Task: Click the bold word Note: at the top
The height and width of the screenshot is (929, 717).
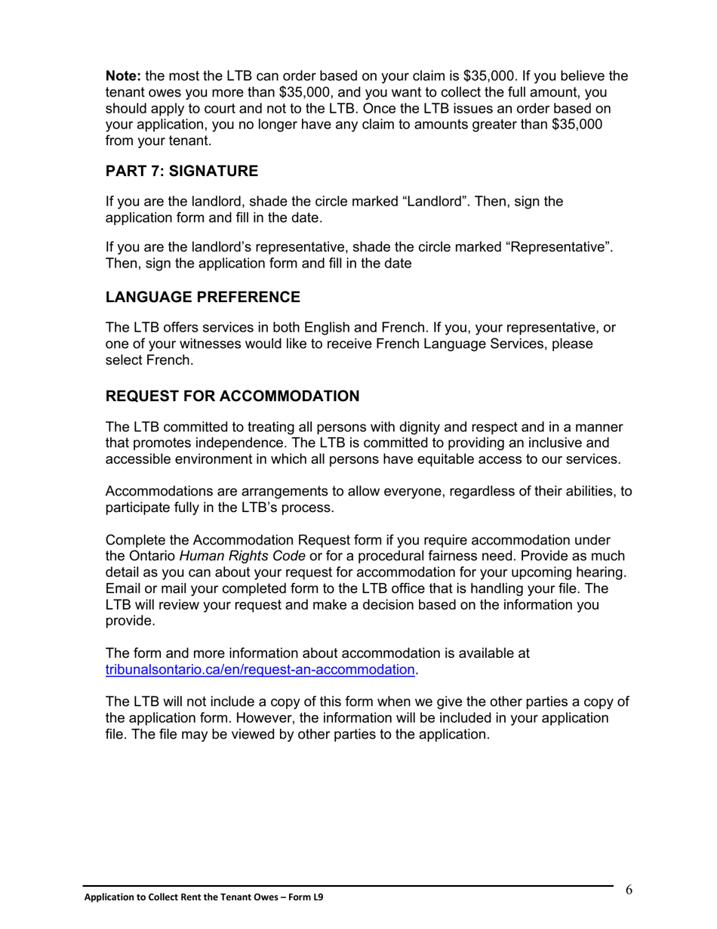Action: (124, 76)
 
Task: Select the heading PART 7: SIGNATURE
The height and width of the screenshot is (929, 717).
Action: (182, 171)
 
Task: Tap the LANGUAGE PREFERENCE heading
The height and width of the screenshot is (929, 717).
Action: (203, 297)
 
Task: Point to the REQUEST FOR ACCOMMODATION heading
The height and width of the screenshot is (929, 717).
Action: (232, 396)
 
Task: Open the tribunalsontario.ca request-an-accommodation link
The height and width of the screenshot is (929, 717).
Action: (260, 669)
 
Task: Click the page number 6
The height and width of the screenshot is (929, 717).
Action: (629, 890)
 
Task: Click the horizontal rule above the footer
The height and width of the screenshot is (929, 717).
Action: (347, 886)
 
